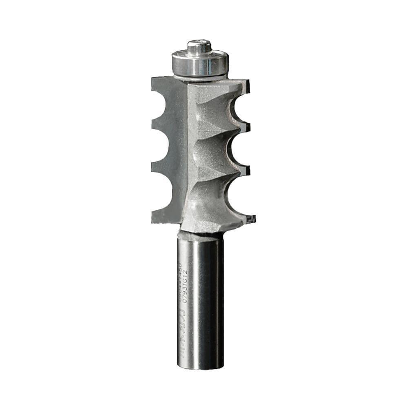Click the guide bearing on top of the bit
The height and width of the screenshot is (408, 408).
point(200,63)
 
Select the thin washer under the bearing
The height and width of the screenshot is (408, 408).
point(200,77)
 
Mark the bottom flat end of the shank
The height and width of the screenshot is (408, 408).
point(200,367)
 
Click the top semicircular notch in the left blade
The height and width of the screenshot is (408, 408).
point(162,104)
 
